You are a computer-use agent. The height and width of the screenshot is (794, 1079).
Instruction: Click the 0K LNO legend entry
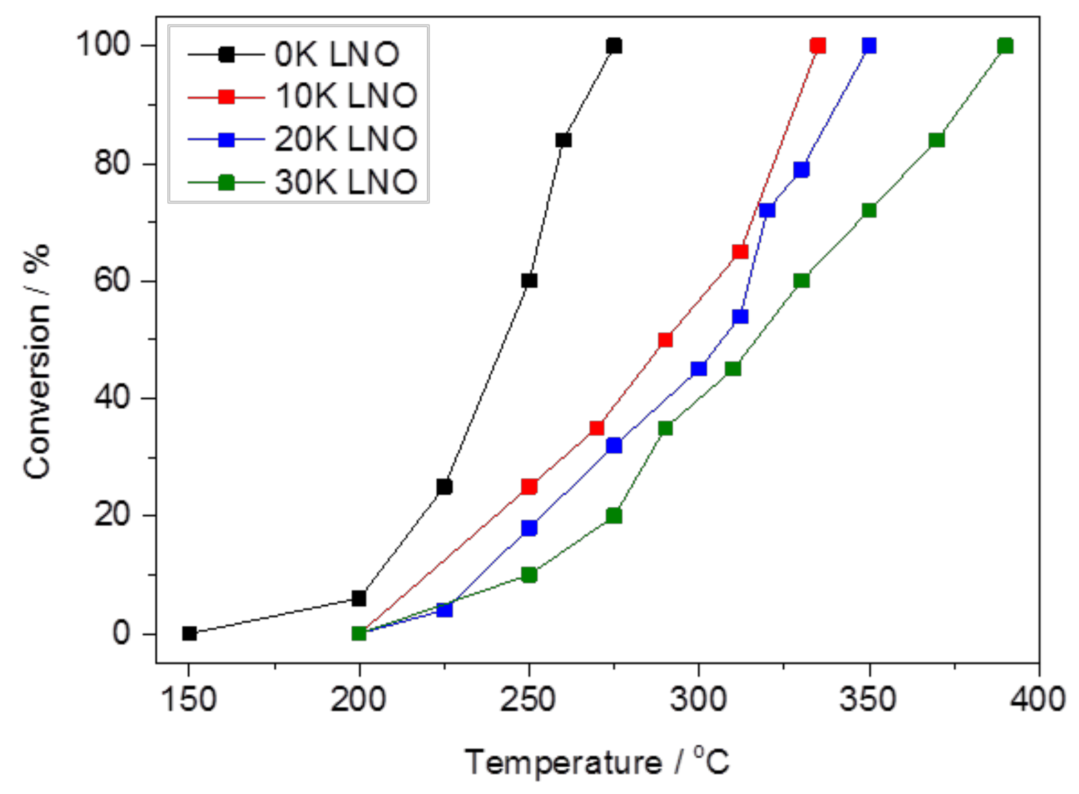point(336,55)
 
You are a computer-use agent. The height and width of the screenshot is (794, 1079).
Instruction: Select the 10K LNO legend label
point(346,96)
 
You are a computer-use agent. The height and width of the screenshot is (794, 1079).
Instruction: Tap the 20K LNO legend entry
point(346,139)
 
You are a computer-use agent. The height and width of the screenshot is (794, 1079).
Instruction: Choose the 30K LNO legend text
point(346,182)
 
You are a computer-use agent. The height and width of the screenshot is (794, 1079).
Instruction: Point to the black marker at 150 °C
point(189,634)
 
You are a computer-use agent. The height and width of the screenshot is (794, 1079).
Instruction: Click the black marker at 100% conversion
point(614,46)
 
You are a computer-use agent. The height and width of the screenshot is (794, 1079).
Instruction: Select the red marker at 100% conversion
point(817,46)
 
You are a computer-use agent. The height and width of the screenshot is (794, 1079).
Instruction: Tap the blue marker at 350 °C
point(869,46)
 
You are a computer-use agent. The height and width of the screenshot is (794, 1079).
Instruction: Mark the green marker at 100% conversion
point(1005,46)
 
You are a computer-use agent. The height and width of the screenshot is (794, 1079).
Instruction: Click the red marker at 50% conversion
point(665,340)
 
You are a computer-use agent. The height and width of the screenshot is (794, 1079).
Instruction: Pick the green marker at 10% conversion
point(529,575)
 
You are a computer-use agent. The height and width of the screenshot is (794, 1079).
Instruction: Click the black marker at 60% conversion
point(529,281)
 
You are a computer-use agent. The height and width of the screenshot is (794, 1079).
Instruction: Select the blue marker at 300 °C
point(698,369)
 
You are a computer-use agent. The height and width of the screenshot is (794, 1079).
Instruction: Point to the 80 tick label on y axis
point(112,164)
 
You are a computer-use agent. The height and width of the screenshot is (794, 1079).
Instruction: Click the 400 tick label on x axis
point(1038,700)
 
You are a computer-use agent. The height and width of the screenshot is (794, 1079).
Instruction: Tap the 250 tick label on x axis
point(527,700)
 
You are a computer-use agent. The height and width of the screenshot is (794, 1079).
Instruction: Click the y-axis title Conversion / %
point(37,362)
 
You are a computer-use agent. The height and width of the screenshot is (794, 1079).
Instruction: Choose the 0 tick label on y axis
point(121,634)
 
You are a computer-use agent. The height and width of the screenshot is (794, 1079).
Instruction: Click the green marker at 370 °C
point(936,140)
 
